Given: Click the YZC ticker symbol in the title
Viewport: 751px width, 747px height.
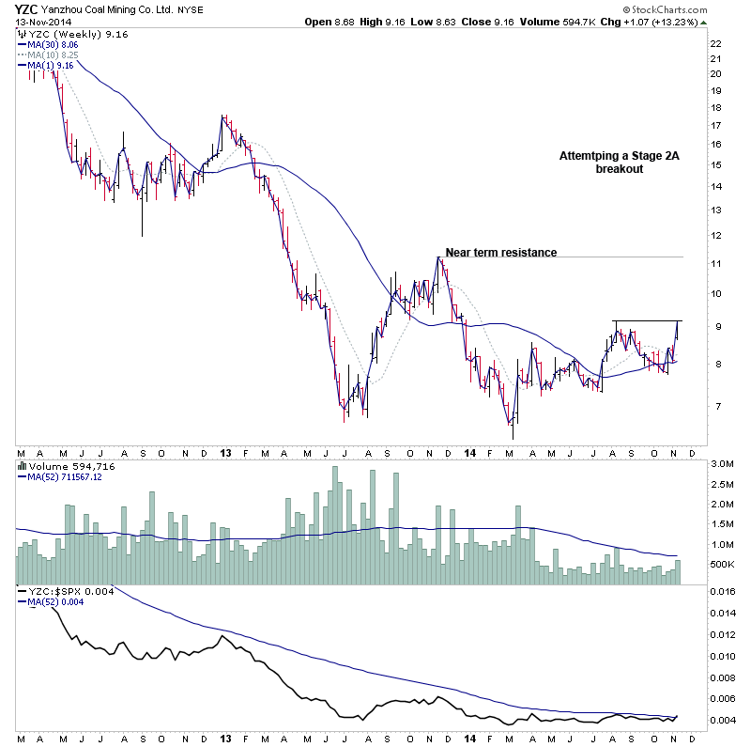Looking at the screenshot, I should [27, 8].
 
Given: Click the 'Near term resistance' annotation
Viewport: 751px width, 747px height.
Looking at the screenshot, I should [500, 252].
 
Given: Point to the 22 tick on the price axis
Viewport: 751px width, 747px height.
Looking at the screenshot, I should [715, 44].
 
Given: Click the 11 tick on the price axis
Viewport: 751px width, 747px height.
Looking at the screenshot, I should [715, 264].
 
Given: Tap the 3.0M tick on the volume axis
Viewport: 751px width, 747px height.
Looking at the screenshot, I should [719, 464].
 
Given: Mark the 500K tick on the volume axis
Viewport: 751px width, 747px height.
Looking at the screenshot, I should [719, 564].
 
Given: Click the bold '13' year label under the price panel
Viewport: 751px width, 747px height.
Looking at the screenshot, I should [226, 452].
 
